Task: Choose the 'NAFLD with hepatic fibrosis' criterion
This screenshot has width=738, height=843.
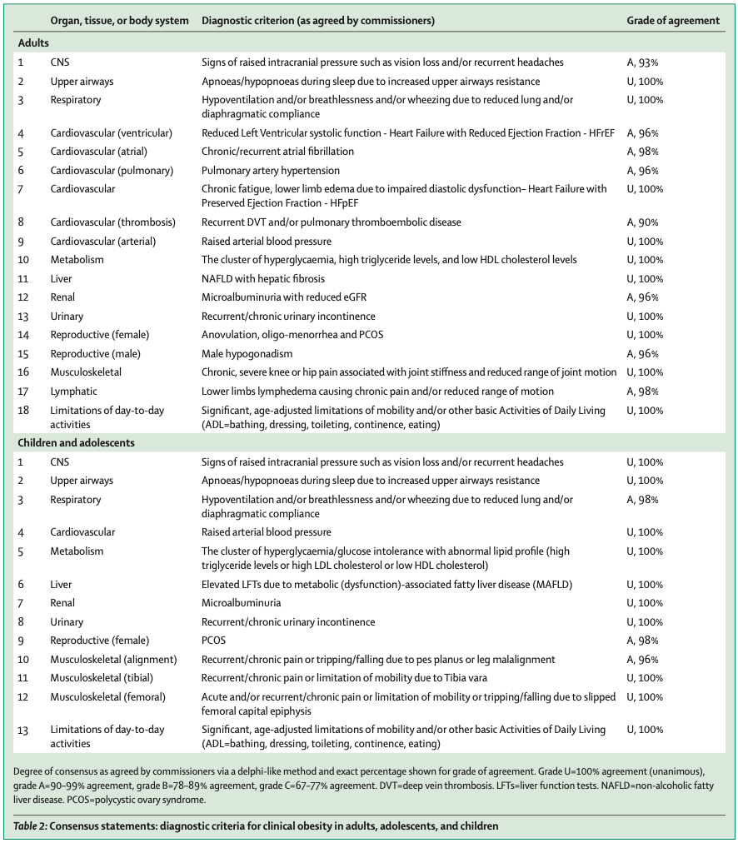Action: point(263,279)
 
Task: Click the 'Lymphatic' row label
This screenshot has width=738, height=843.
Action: point(74,391)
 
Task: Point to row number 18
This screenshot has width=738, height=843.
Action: point(22,410)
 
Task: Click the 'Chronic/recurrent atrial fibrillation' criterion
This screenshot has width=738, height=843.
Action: point(277,152)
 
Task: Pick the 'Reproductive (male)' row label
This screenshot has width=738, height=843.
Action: point(94,353)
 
